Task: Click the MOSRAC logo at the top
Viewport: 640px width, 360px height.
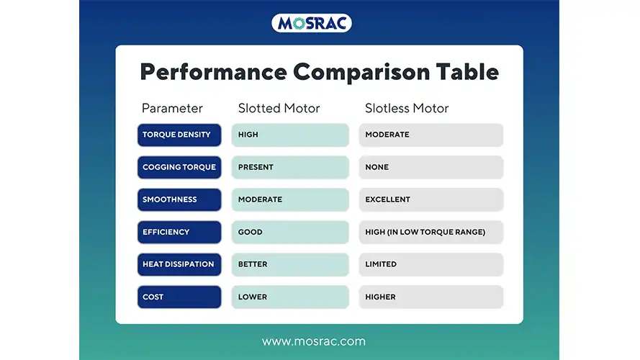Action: click(312, 23)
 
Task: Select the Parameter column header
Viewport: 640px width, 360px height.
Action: click(172, 109)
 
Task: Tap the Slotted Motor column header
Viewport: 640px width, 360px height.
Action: click(279, 109)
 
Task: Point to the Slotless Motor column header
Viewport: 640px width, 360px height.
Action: click(407, 109)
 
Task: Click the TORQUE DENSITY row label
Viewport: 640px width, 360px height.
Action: click(179, 135)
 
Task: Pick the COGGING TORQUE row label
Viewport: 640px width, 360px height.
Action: click(179, 167)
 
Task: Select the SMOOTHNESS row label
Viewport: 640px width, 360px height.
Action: click(179, 199)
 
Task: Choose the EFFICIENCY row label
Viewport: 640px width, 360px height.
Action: click(179, 232)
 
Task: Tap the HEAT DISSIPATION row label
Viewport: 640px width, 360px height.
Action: click(179, 264)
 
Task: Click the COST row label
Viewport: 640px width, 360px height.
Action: click(179, 297)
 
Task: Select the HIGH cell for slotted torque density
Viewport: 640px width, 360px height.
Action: click(290, 135)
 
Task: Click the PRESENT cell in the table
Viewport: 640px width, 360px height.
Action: click(290, 167)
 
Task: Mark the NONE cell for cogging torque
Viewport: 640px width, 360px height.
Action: click(431, 167)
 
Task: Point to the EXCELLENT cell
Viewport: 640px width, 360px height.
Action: click(431, 199)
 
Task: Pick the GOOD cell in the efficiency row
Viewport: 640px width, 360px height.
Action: click(290, 232)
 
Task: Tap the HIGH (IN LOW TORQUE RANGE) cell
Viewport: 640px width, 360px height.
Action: click(431, 232)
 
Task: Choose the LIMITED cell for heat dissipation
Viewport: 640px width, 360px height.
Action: click(431, 264)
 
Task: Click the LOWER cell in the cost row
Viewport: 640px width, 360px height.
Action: click(290, 297)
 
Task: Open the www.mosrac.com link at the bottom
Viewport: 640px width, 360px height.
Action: click(313, 341)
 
